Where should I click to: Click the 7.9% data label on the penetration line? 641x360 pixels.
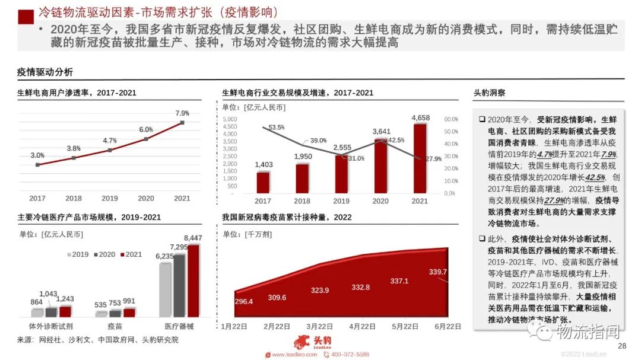click(x=182, y=113)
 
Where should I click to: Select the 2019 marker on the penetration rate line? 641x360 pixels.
click(x=110, y=150)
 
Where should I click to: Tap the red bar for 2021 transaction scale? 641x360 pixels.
click(x=420, y=158)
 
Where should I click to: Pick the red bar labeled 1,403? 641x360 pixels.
click(x=263, y=182)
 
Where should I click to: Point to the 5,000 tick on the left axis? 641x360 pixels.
click(x=229, y=119)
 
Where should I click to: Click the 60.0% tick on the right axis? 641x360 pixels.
click(x=451, y=119)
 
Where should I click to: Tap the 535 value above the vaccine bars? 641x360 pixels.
click(x=101, y=305)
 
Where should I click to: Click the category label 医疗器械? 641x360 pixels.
click(x=179, y=326)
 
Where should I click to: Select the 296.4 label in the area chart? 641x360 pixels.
click(x=244, y=301)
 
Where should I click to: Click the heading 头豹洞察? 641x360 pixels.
click(x=489, y=93)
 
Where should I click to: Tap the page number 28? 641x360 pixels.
click(x=622, y=347)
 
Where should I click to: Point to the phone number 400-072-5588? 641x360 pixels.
click(x=349, y=354)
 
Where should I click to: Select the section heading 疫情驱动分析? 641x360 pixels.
click(x=45, y=72)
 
